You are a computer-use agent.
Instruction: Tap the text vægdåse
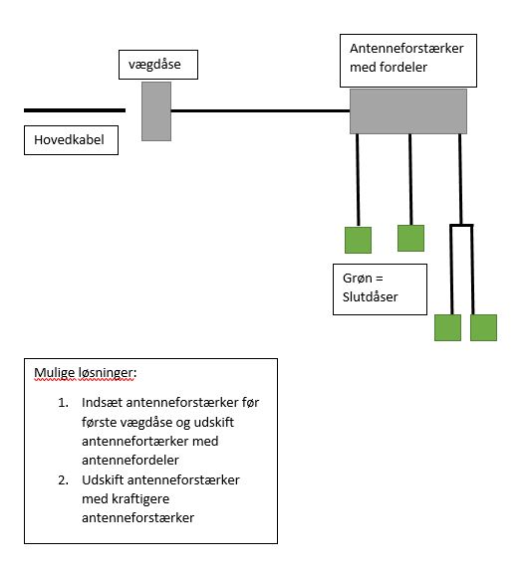click(150, 66)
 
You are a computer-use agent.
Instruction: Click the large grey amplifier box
click(408, 110)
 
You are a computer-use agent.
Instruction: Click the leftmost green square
click(358, 240)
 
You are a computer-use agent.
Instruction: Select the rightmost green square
click(483, 328)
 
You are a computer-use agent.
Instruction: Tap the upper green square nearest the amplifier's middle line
click(410, 238)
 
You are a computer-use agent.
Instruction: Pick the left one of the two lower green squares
click(447, 328)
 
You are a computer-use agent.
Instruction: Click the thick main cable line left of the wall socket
click(75, 110)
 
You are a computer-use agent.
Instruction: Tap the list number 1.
click(62, 403)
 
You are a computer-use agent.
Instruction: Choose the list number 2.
click(62, 480)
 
